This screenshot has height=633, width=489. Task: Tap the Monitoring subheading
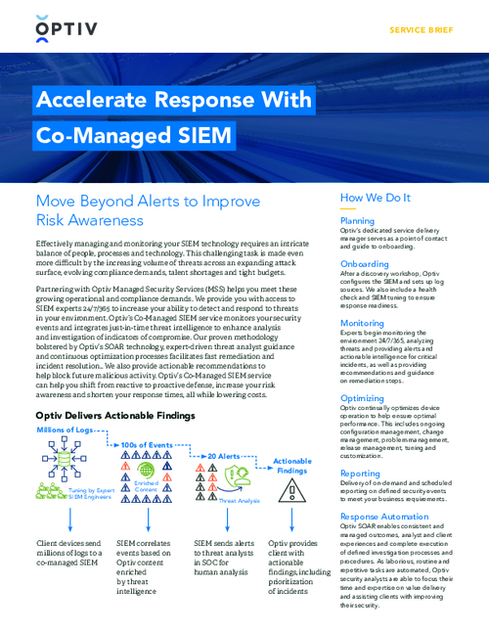362,323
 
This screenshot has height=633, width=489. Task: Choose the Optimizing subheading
362,398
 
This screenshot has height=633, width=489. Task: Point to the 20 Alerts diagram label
225,456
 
